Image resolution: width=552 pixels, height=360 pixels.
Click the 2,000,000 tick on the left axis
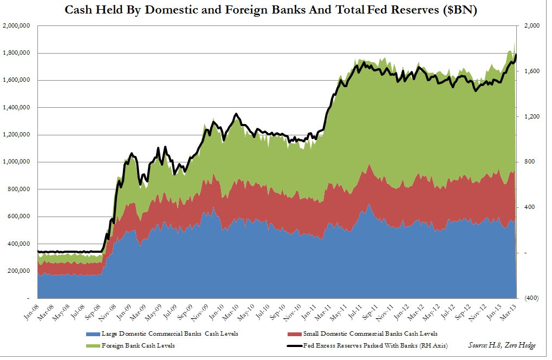[18, 26]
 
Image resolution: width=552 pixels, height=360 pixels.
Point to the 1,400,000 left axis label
[18, 108]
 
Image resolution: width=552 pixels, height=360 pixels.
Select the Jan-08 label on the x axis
[37, 311]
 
